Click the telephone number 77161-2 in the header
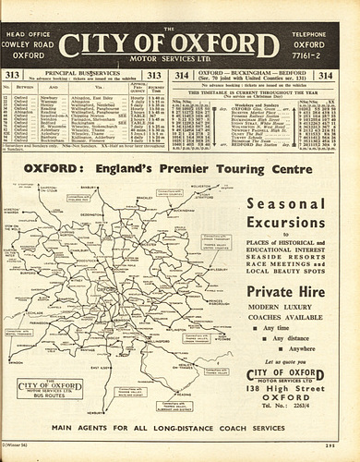pos(311,55)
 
